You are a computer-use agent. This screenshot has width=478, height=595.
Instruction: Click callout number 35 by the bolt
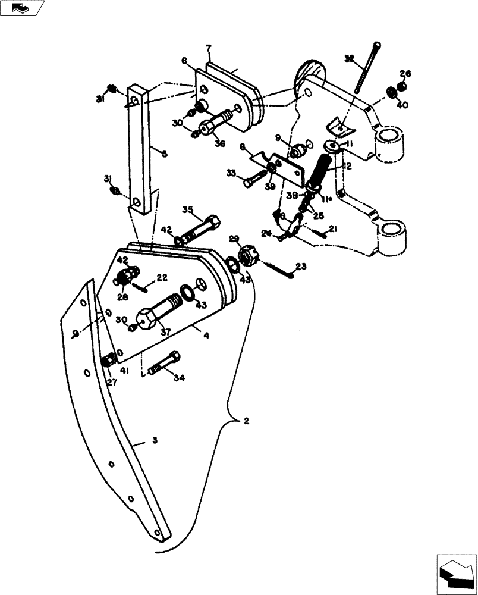click(188, 210)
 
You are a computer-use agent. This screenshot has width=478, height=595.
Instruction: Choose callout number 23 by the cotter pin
click(300, 267)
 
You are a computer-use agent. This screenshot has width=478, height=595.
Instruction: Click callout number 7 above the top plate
click(209, 48)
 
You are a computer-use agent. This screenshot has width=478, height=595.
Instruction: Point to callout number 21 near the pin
click(332, 230)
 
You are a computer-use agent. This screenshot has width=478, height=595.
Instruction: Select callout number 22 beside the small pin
click(162, 278)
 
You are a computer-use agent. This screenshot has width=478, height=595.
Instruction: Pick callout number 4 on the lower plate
click(206, 336)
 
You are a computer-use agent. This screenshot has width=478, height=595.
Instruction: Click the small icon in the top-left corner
click(21, 8)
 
